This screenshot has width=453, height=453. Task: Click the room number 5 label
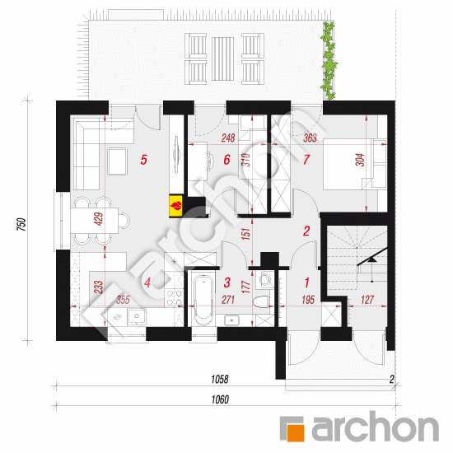pos(144,161)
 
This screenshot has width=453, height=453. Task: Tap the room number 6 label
pos(226,160)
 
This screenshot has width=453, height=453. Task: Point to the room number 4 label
pos(147,283)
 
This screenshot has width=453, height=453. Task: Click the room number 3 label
pos(226,283)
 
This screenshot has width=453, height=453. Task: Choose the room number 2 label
pos(306,231)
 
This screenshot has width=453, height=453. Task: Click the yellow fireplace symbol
pos(175,203)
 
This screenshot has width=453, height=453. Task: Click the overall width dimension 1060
pos(218,400)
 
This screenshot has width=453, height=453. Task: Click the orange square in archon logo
pos(293,428)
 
